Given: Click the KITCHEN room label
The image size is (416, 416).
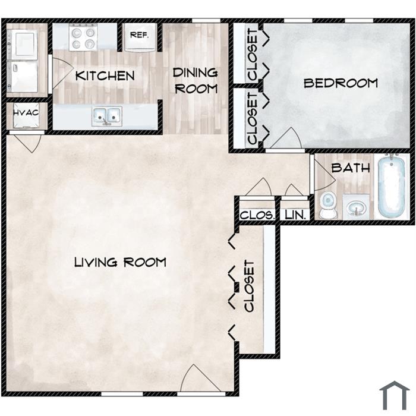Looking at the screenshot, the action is (x=105, y=76).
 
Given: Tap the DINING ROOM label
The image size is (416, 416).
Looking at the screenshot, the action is (x=196, y=81).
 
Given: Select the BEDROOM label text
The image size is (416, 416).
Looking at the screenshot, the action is (x=341, y=83).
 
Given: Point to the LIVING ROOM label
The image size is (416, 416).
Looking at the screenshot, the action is (x=120, y=263).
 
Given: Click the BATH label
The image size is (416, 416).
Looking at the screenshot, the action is (x=351, y=168).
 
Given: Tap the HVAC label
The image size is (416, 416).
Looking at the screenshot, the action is (x=26, y=113).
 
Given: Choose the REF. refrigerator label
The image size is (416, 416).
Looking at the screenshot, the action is (x=140, y=34).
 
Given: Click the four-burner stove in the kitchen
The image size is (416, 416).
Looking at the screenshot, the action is (x=83, y=37).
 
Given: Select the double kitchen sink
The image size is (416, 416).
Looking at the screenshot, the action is (x=107, y=116).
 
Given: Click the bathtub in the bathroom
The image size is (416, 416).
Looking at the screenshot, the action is (x=391, y=187).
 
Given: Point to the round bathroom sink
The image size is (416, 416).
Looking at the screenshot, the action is (x=355, y=207).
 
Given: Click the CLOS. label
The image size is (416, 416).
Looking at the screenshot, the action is (x=257, y=215).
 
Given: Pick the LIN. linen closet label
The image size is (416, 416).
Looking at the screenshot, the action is (x=295, y=215).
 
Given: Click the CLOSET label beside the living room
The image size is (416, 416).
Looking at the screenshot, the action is (x=250, y=286).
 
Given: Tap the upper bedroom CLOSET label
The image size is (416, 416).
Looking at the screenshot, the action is (x=252, y=55).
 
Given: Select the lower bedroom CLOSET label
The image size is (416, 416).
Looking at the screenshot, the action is (x=252, y=118).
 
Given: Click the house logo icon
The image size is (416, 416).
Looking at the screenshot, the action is (x=395, y=396).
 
